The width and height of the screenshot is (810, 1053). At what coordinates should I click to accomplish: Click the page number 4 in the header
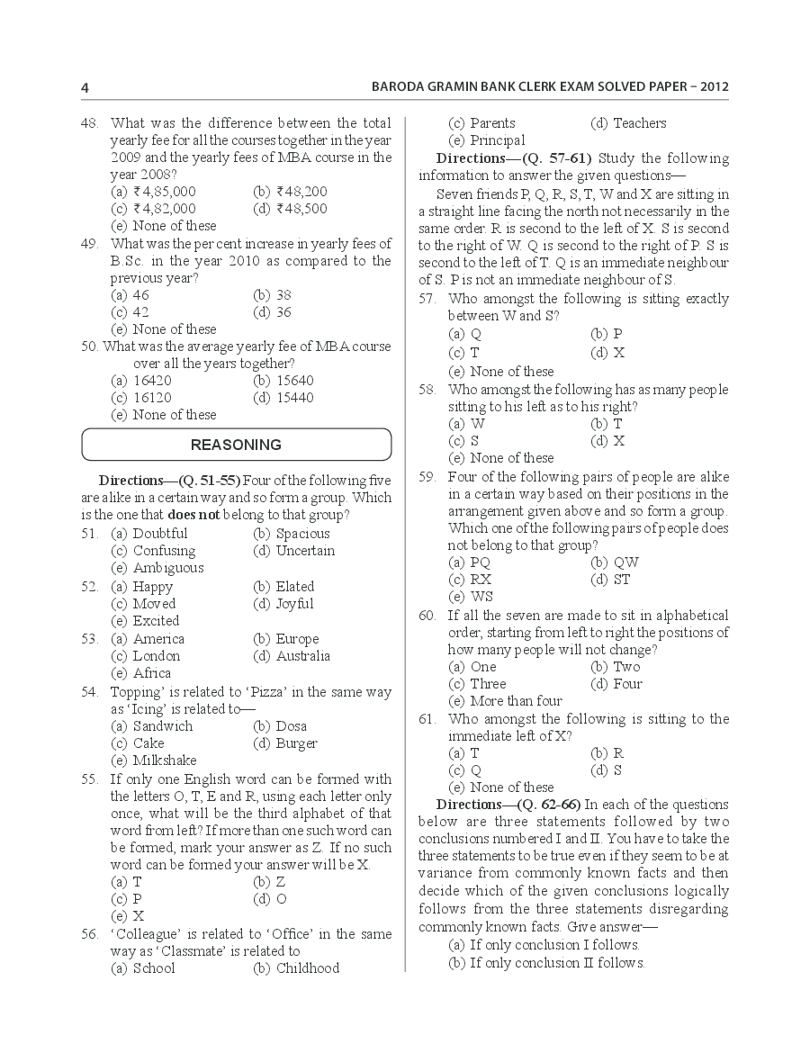85,88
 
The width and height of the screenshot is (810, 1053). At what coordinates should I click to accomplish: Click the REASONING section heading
236,445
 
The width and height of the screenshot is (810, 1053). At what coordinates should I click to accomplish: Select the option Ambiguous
168,568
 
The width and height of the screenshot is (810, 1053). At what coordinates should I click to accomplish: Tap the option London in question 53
157,656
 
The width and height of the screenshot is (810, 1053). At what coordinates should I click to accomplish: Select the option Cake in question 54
148,743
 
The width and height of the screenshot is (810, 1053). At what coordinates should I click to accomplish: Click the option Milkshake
165,760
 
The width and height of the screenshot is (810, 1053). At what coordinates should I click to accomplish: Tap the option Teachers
639,123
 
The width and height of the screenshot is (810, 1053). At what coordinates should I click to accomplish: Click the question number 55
89,779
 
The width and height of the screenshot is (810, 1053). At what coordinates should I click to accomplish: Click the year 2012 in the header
711,88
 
